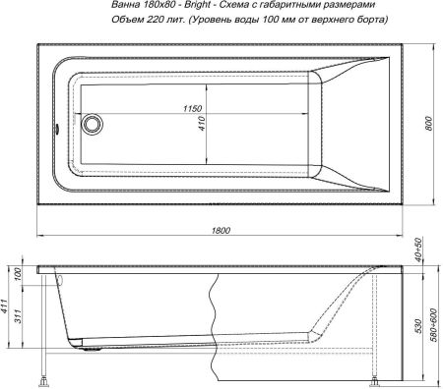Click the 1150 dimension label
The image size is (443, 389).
coord(196,107)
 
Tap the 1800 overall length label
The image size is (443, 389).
coord(221,229)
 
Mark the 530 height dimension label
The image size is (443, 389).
coord(417,324)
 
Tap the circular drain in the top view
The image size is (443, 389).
coord(94,124)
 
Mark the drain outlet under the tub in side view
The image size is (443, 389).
coord(92,345)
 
